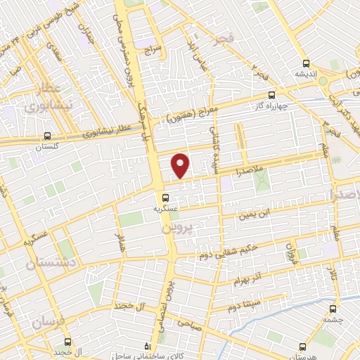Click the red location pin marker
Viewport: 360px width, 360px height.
click(x=181, y=165)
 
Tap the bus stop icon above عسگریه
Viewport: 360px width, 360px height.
click(x=165, y=198)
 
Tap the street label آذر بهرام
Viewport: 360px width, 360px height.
click(x=250, y=277)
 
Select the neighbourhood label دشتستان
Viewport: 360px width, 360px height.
click(x=47, y=264)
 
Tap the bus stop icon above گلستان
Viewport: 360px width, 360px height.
click(x=46, y=136)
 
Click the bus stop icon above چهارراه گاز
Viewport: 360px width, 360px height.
click(x=272, y=98)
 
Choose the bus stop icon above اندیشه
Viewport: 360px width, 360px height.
click(x=304, y=63)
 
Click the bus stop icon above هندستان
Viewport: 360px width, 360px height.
click(x=302, y=346)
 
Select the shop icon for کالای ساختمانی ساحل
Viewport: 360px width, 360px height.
click(x=146, y=347)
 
